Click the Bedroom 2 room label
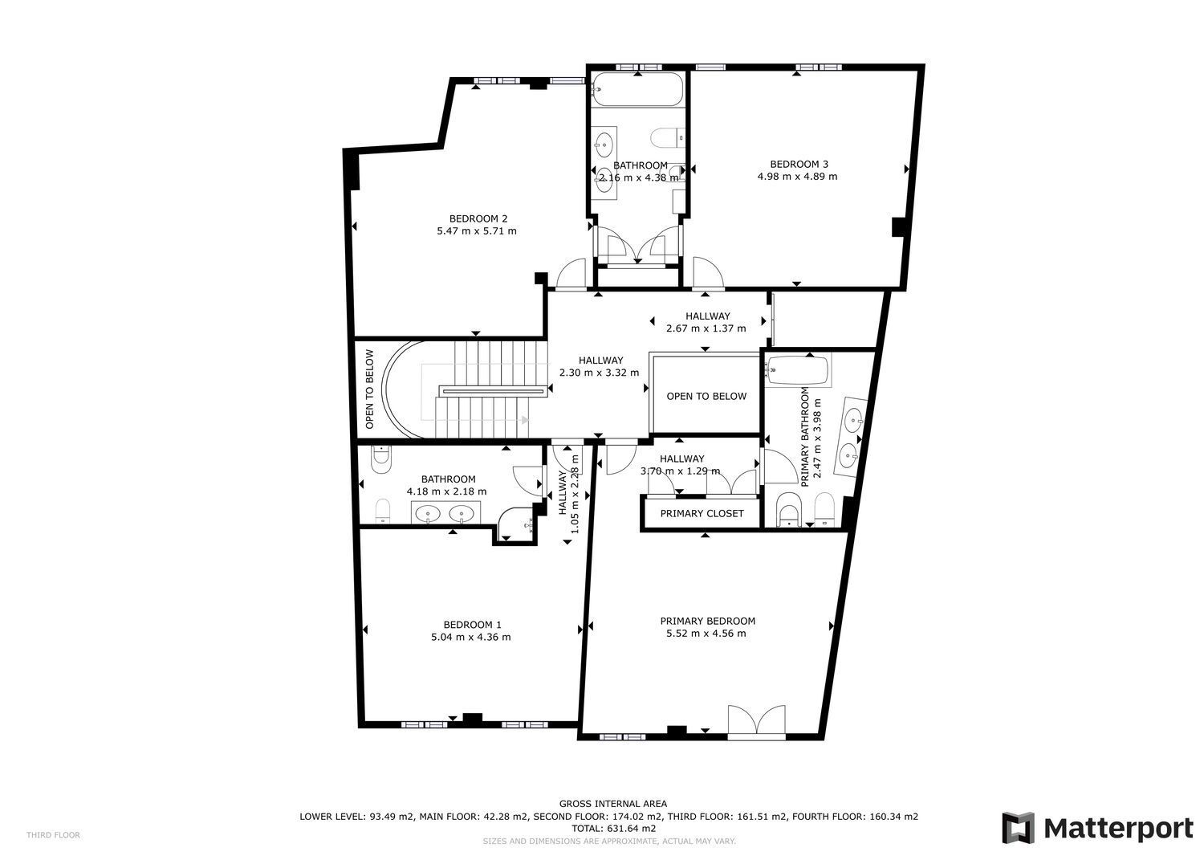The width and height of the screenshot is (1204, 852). point(478,219)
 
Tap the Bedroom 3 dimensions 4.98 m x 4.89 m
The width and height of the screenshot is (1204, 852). point(797,177)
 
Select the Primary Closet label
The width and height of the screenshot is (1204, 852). point(702,514)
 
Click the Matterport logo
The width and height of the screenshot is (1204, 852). point(1097,829)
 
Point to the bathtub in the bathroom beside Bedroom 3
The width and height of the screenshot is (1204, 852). point(637,89)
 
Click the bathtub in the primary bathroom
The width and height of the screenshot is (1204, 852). point(798,369)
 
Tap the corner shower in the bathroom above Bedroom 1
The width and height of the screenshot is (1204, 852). point(516,524)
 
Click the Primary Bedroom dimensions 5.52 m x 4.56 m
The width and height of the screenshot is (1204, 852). point(706,634)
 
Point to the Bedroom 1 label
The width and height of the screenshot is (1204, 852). point(472,625)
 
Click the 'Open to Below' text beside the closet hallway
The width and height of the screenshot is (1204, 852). point(706,397)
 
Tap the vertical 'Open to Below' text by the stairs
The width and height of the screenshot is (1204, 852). point(369,389)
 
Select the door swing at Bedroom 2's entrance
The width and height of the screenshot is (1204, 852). point(571,275)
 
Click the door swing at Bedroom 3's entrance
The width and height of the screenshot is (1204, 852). point(708,273)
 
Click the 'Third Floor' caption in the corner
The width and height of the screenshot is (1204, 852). point(53,835)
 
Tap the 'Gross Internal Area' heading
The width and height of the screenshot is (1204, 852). point(612,804)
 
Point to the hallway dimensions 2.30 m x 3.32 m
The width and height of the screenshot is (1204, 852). point(600,373)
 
